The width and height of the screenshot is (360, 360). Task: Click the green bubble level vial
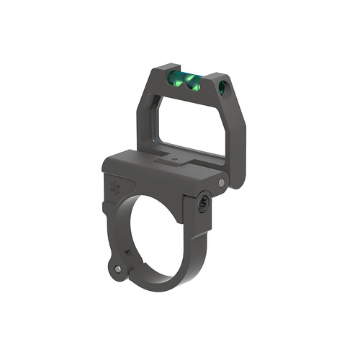tap(184, 80)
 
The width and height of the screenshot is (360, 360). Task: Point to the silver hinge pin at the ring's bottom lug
tap(118, 269)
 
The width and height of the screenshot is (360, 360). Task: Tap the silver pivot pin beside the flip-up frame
tap(220, 184)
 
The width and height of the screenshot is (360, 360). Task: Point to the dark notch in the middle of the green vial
tap(186, 81)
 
